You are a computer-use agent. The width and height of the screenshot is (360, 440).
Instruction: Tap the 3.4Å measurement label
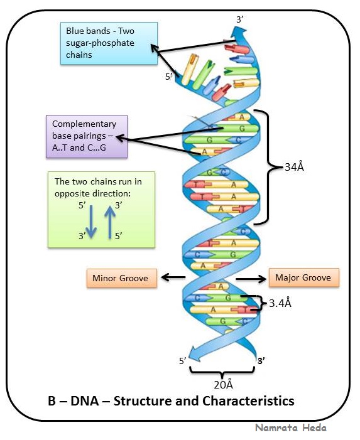(x=280, y=303)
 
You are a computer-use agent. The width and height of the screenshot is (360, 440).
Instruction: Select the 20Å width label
(x=221, y=384)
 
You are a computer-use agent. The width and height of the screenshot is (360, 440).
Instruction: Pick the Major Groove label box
(x=303, y=277)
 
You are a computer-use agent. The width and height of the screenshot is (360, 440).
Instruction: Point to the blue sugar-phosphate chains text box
(x=108, y=43)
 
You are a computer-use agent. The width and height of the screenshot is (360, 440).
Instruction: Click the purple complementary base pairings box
(x=87, y=136)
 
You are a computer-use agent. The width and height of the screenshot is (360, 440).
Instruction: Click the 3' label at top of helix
(x=239, y=19)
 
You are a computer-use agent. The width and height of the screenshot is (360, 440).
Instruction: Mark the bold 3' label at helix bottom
(x=261, y=361)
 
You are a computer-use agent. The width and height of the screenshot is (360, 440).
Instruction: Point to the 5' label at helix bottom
(x=183, y=361)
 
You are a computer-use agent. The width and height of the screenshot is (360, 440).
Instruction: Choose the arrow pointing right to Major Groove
(x=251, y=277)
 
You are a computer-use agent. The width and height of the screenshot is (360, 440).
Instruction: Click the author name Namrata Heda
(x=290, y=427)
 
